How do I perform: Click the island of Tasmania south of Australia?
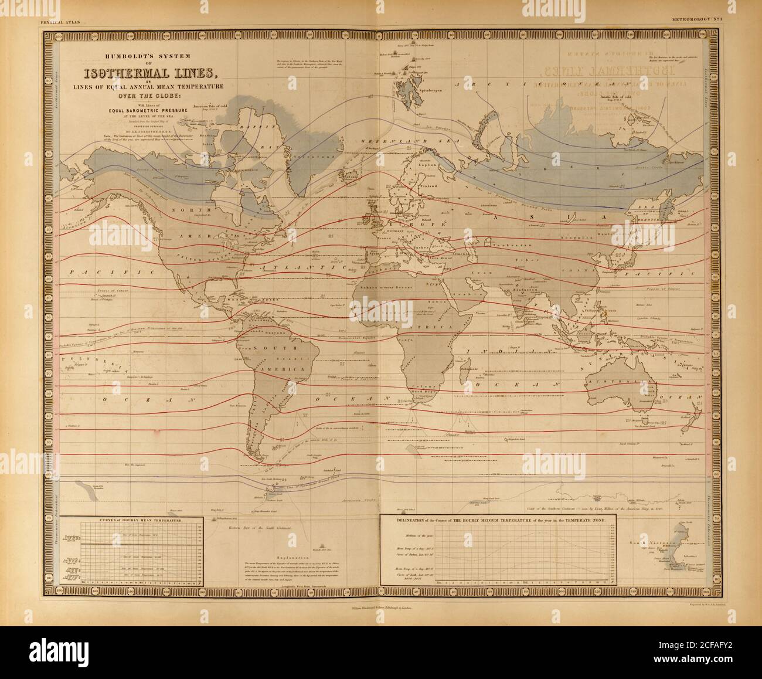tap(645, 422)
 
